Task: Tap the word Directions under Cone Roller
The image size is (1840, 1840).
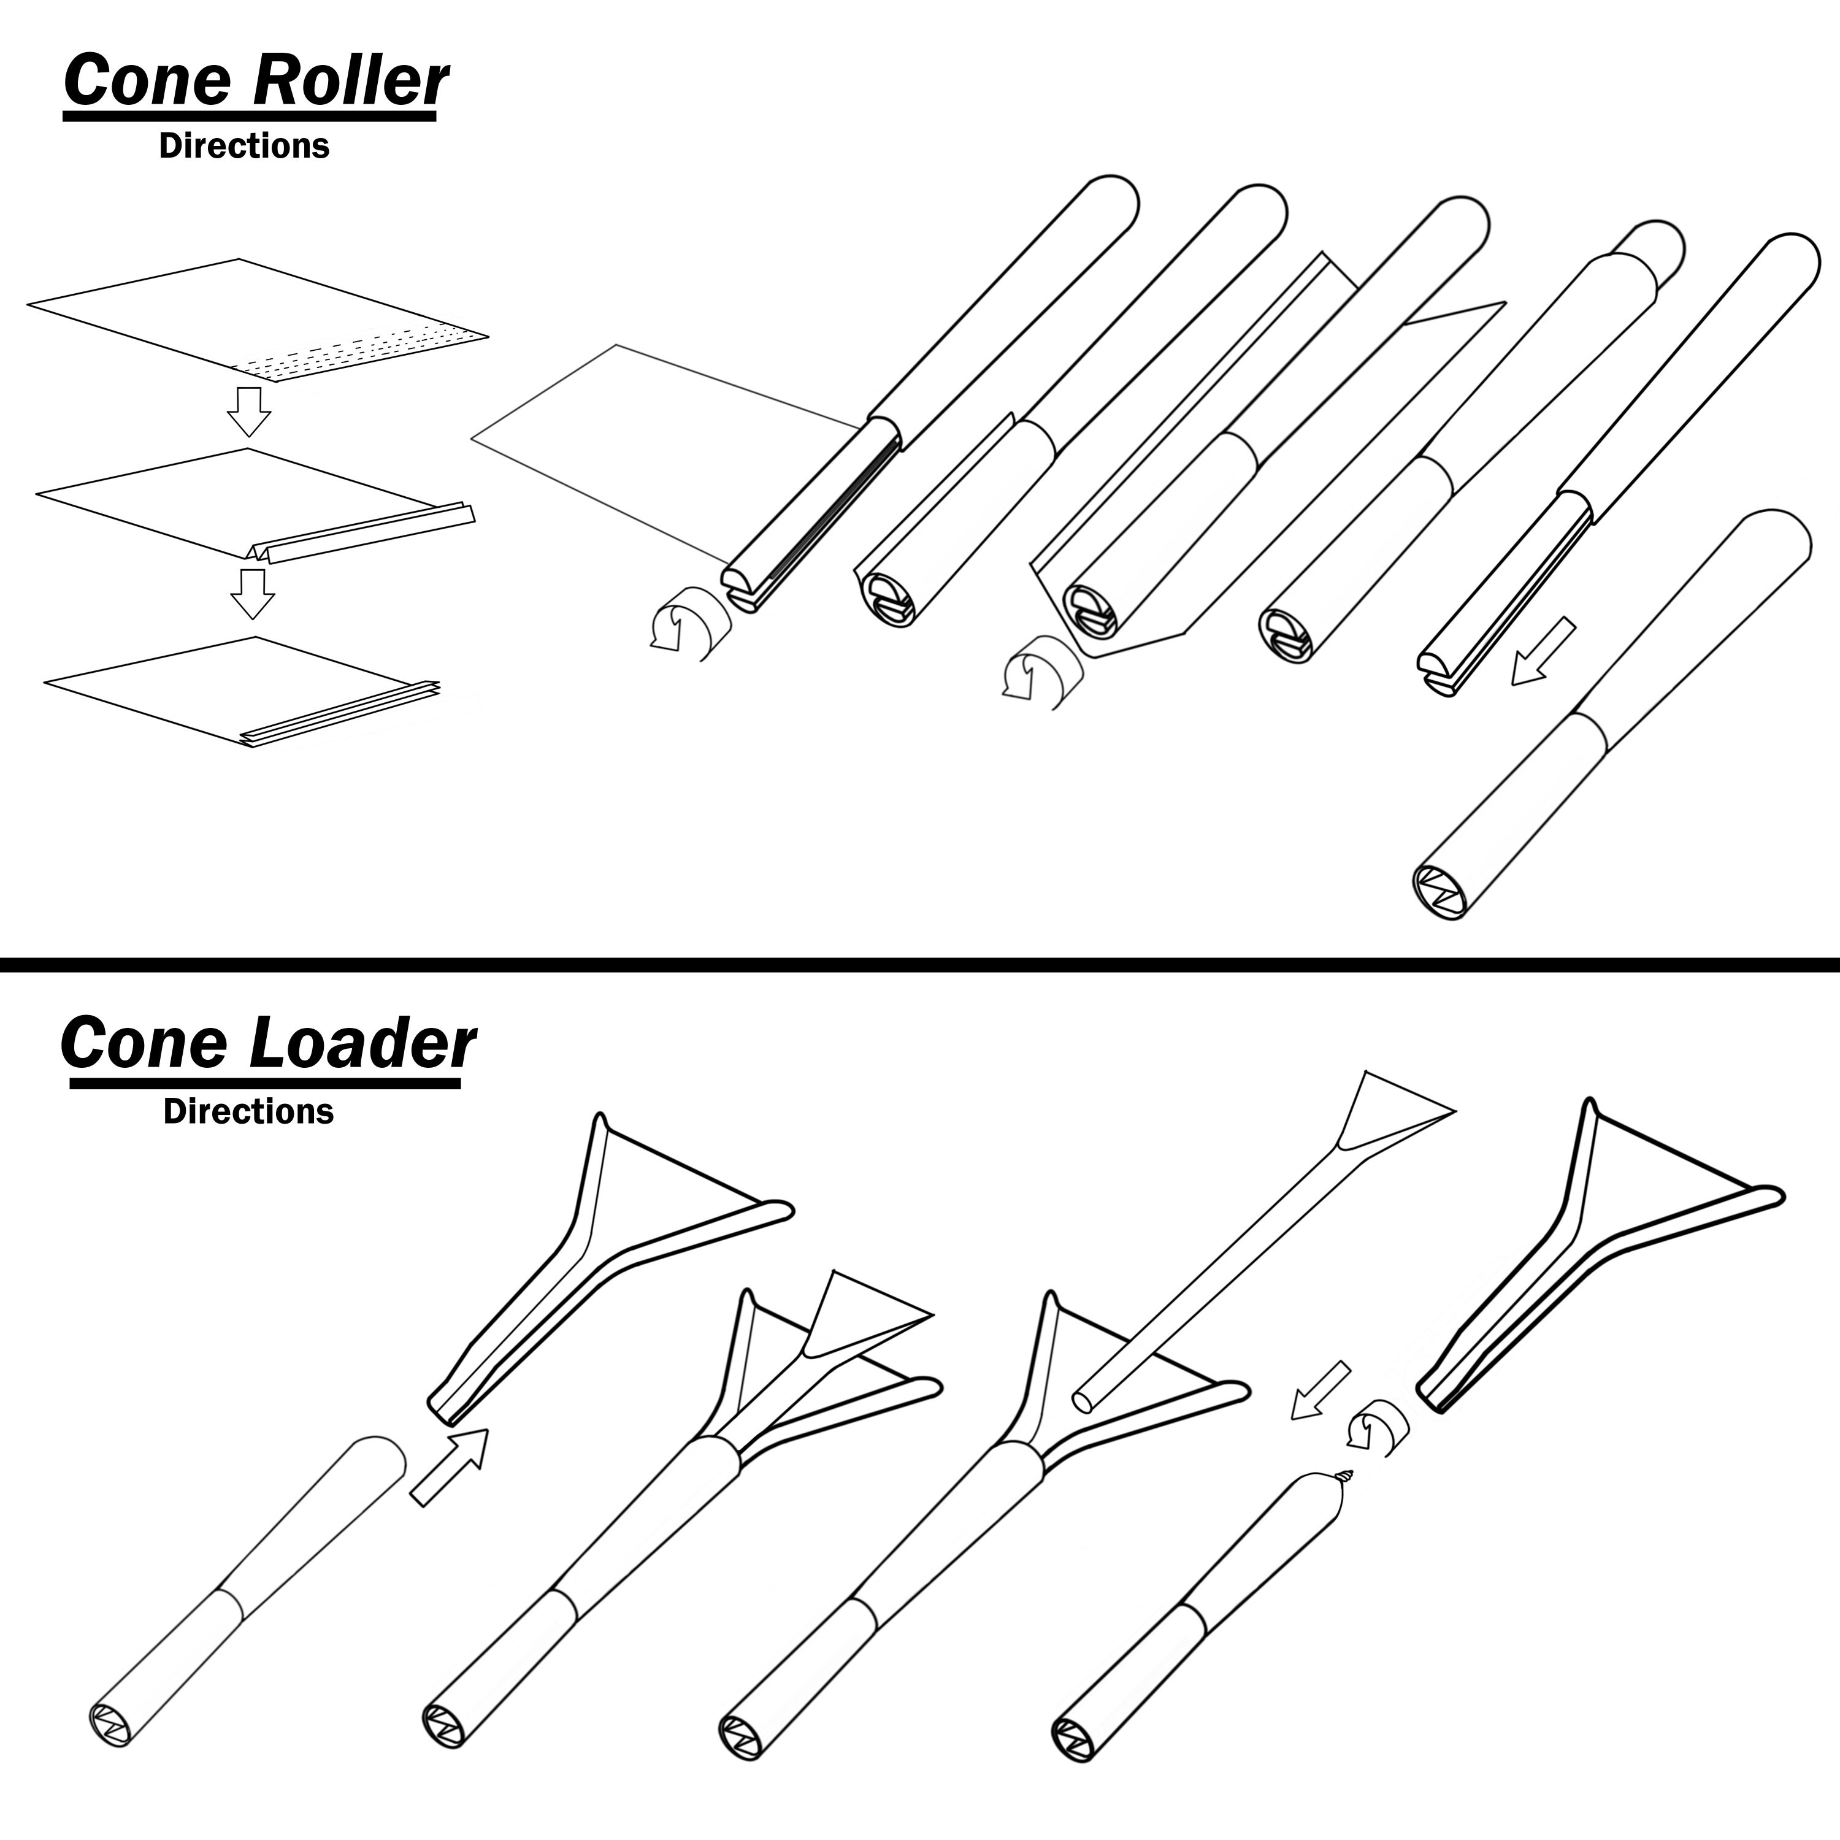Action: tap(244, 146)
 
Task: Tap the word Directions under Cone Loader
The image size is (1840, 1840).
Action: tap(248, 1111)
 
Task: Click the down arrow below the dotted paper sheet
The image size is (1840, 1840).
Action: tap(248, 410)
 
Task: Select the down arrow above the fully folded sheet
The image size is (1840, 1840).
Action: tap(252, 593)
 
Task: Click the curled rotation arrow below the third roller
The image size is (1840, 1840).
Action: tap(1041, 672)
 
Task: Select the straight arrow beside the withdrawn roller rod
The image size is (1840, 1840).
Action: tap(1544, 651)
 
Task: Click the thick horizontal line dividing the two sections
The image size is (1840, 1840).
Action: tap(920, 965)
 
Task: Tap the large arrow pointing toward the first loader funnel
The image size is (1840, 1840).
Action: tap(450, 1466)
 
